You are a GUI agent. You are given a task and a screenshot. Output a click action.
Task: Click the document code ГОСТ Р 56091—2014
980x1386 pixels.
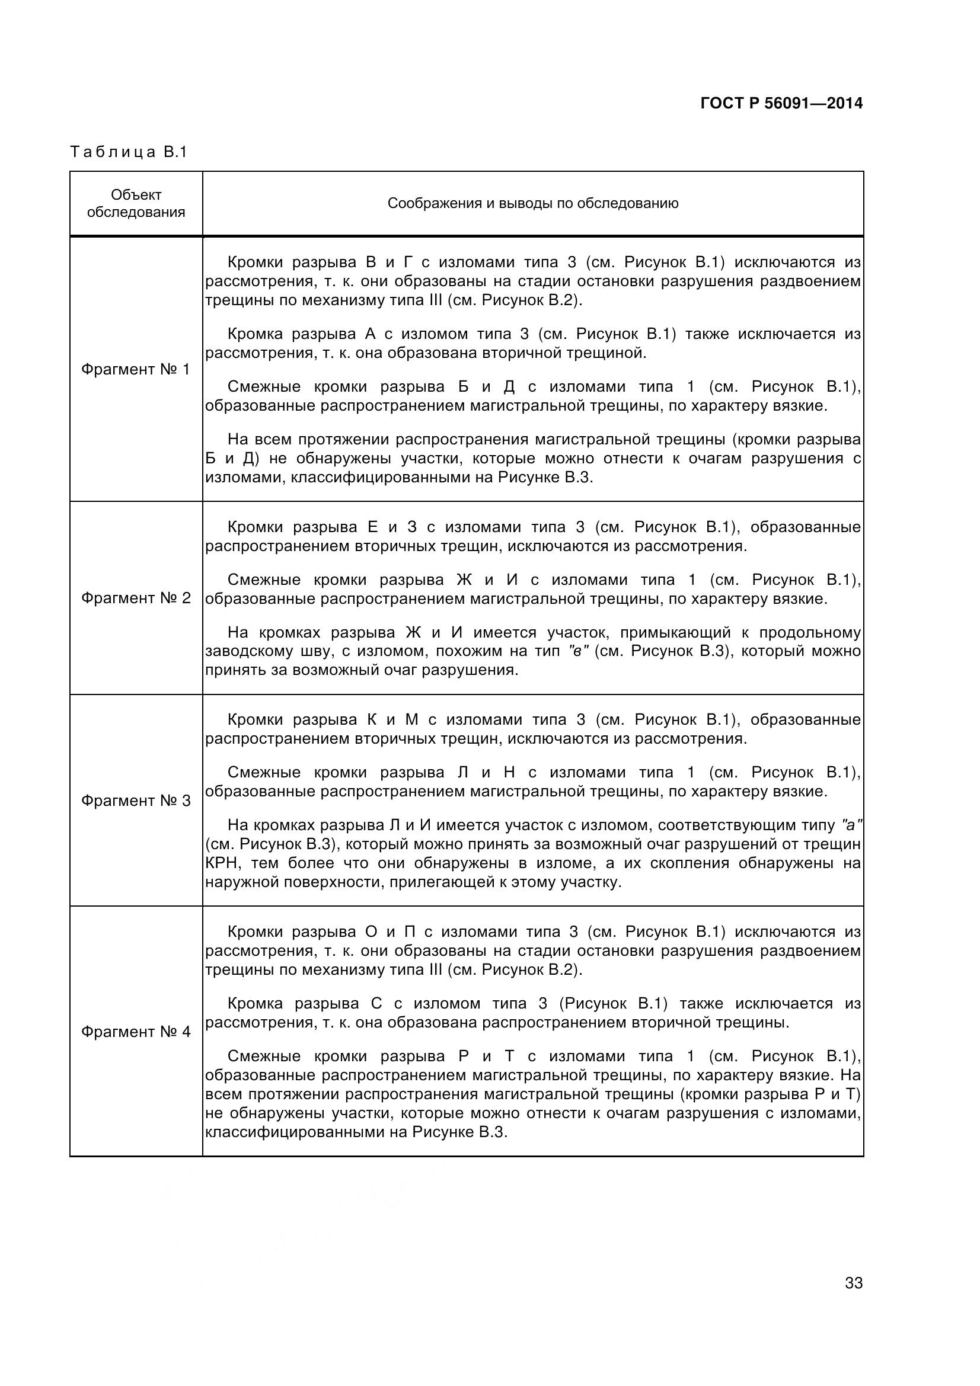(781, 103)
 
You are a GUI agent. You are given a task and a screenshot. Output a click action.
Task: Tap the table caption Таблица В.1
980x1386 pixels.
(129, 152)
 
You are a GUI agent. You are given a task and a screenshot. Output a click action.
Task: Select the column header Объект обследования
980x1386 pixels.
(136, 203)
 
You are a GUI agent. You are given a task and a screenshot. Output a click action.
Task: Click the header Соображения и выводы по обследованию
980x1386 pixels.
(532, 203)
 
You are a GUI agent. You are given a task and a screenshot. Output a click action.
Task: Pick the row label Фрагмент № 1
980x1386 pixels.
(135, 369)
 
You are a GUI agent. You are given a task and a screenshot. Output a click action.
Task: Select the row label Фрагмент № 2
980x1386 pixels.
(135, 598)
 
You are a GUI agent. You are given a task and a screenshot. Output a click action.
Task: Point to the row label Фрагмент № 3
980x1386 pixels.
(135, 801)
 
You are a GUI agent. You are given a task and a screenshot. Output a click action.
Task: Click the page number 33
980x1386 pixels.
(853, 1299)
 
